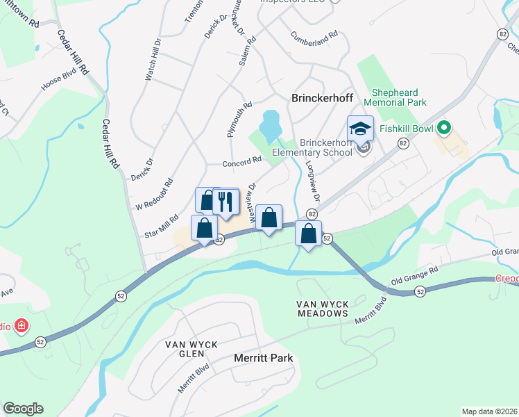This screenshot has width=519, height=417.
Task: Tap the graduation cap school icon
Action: pos(360,129)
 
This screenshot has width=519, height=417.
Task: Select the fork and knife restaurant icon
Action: pos(226,202)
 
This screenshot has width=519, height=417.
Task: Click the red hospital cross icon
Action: pos(22,325)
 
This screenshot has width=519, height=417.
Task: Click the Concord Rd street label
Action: pos(241,162)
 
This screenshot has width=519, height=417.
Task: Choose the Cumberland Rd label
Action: pos(314,34)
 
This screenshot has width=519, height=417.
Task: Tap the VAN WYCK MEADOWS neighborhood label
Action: pos(322,309)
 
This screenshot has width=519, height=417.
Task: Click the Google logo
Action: pos(23,409)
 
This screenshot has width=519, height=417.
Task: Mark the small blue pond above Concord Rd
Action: pos(269,126)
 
